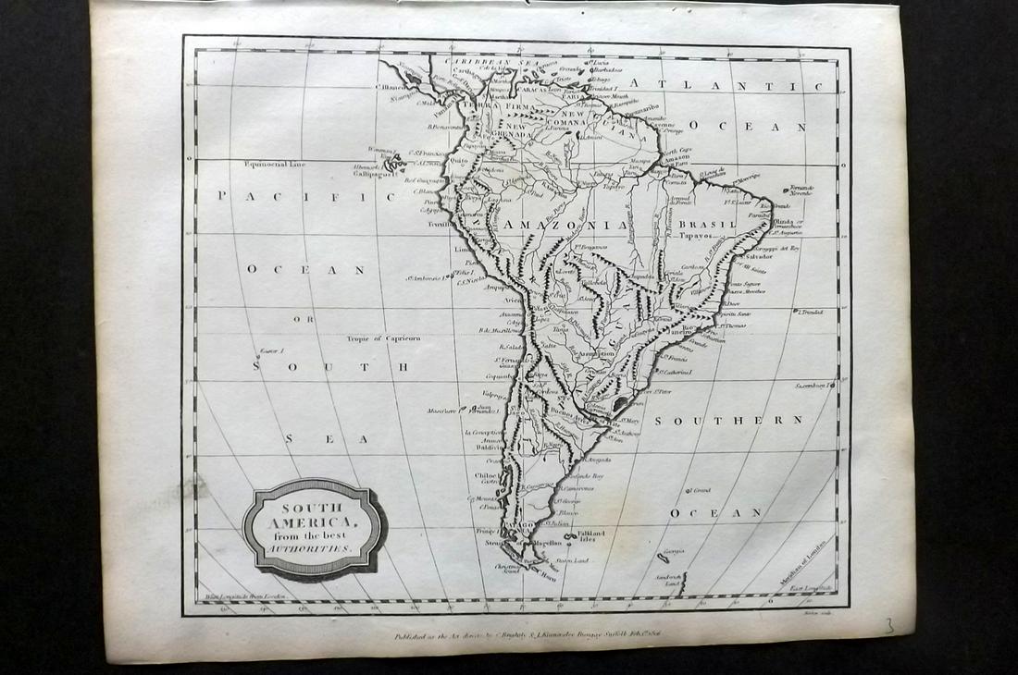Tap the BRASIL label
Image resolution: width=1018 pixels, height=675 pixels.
[706, 224]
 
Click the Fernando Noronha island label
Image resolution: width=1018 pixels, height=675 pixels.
[801, 190]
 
